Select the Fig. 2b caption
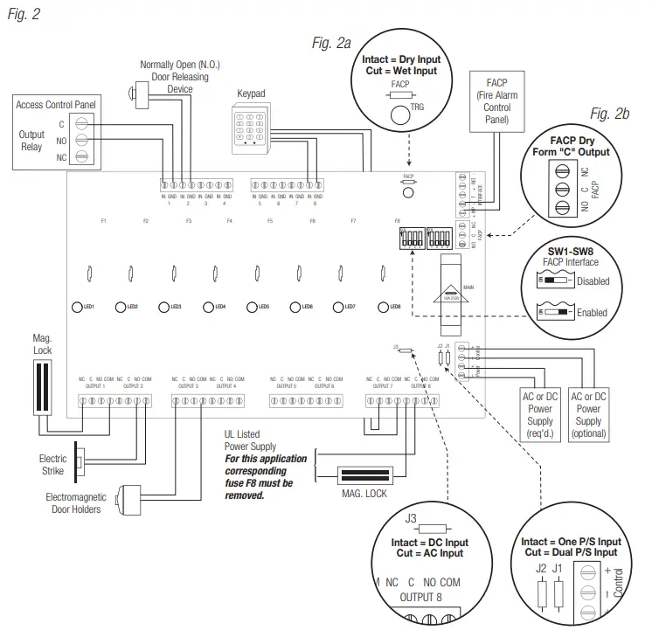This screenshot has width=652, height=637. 609,114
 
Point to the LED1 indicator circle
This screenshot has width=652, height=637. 76,307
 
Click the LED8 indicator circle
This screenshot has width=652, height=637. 383,307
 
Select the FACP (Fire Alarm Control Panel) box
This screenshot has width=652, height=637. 497,101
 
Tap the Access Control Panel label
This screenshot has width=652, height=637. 56,105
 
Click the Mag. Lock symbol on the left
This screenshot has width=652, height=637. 41,387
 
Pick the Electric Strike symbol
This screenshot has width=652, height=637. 80,463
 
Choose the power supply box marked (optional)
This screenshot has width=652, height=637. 588,414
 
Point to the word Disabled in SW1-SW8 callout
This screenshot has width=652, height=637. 593,281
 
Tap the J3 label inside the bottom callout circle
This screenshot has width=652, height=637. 412,519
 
